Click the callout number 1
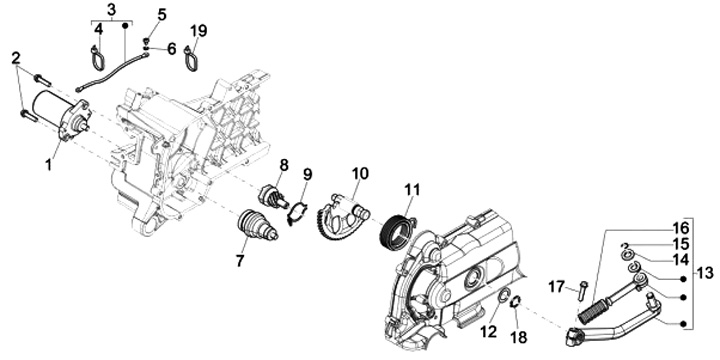[49, 164]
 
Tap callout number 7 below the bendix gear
[240, 260]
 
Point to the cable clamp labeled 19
[191, 59]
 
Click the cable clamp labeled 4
[97, 58]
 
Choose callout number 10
[360, 174]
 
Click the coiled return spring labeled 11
[394, 232]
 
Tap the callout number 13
[705, 273]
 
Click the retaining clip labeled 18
[515, 303]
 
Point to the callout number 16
[681, 227]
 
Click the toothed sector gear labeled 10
[342, 215]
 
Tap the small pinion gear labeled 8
[274, 195]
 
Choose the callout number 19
[198, 31]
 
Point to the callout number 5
[162, 14]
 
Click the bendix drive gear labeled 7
[258, 225]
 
